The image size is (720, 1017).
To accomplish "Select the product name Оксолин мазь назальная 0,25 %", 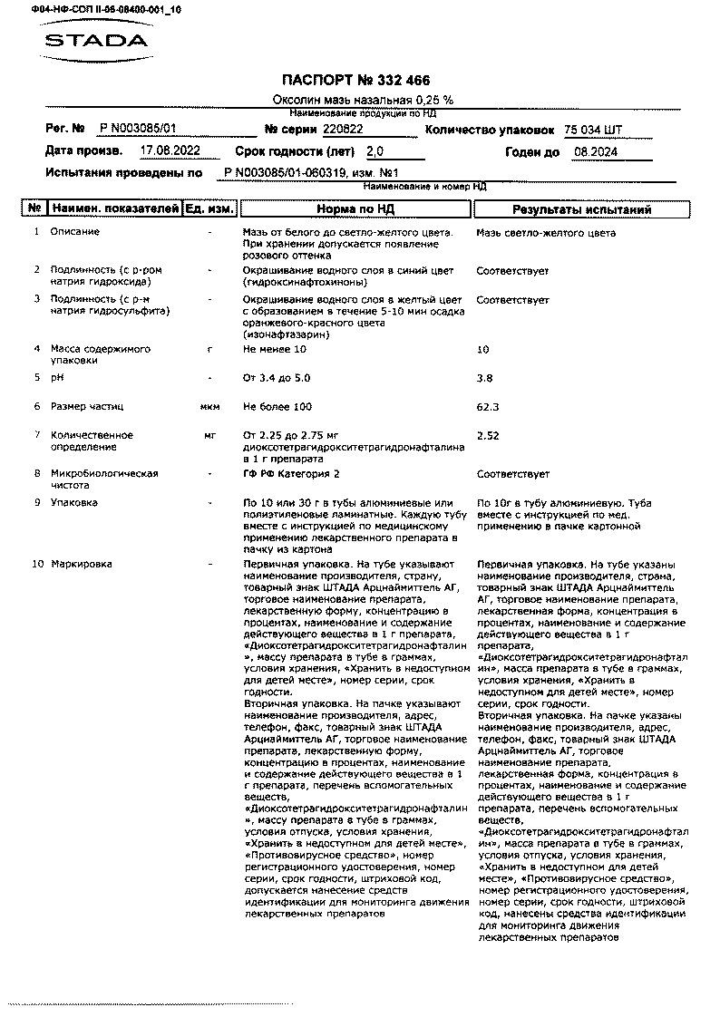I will (363, 100).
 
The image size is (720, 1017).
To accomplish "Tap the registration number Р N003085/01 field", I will (138, 130).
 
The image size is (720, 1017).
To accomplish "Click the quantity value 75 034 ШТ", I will (593, 130).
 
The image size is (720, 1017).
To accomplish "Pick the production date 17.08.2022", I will (170, 150).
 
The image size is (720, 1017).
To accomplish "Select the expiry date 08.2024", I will (596, 151).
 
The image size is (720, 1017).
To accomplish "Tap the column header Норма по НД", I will (355, 209).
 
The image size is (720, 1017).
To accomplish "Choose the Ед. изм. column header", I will (209, 209).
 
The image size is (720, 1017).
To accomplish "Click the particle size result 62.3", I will (488, 407).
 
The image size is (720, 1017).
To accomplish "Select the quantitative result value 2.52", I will (488, 435).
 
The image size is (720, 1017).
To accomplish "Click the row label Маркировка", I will (82, 564).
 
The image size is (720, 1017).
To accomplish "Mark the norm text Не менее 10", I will (275, 349).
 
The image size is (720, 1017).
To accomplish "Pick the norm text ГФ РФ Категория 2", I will (291, 473).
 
